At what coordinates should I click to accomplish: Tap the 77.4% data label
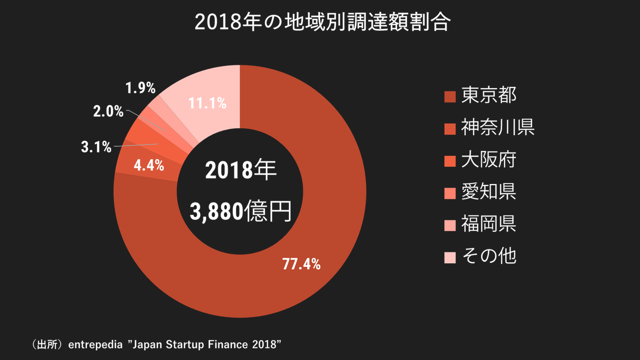tap(302, 264)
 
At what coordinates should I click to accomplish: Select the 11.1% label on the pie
tap(207, 104)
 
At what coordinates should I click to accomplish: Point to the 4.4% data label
tap(149, 166)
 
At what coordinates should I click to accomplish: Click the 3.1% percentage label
tap(96, 147)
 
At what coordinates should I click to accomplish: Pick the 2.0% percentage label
tap(108, 112)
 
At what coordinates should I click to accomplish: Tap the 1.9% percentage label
tap(140, 88)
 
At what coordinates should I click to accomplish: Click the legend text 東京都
tap(488, 96)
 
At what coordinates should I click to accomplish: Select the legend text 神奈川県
tap(497, 128)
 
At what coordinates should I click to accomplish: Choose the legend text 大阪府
tap(488, 160)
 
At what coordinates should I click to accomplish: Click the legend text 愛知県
tap(488, 192)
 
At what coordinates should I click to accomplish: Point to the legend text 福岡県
tap(488, 224)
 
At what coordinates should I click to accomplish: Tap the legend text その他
tap(488, 256)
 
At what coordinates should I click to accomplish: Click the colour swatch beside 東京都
tap(450, 96)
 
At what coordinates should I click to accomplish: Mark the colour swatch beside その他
tap(450, 257)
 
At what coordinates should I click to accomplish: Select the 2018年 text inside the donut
tap(240, 171)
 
